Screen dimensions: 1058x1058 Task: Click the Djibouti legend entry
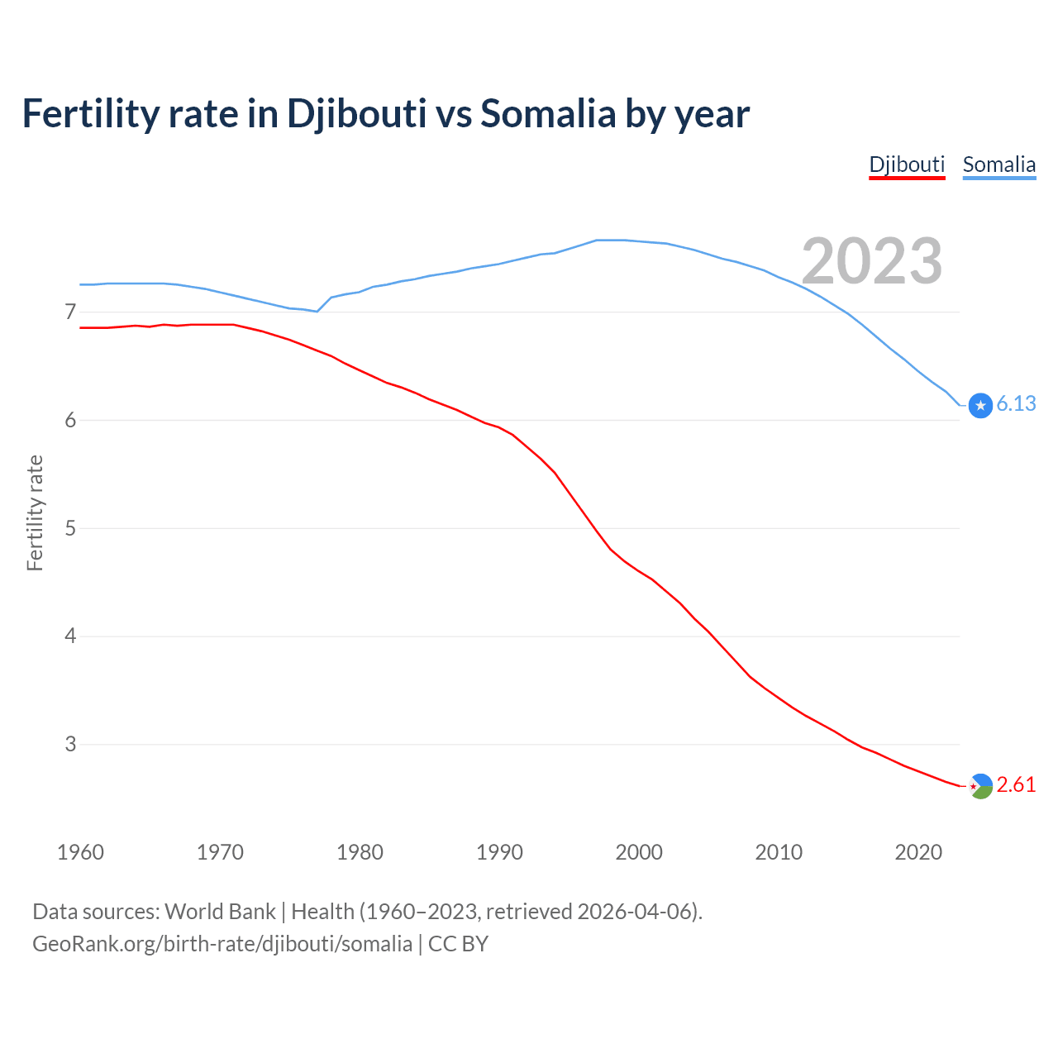[907, 164]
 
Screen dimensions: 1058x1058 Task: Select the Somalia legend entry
[998, 164]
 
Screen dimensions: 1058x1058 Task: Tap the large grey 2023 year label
[872, 261]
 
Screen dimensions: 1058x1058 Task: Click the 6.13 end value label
[1016, 403]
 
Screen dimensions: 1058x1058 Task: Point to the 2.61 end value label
[1016, 784]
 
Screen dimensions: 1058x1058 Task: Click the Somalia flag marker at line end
[980, 405]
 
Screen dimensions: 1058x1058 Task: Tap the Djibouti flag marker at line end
[980, 786]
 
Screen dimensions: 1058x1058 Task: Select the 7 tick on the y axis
[70, 312]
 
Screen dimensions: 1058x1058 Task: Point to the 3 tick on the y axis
[70, 744]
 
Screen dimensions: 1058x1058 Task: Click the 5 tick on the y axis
[70, 528]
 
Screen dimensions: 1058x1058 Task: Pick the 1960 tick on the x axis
[80, 852]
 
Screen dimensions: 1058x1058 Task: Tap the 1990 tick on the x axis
[499, 852]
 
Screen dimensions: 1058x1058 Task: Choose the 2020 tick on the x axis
[918, 852]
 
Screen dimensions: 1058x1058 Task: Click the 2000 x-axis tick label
[639, 852]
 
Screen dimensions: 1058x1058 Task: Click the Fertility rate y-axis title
[35, 512]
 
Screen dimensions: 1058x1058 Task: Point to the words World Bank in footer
[220, 912]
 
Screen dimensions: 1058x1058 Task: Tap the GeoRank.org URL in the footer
[222, 944]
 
